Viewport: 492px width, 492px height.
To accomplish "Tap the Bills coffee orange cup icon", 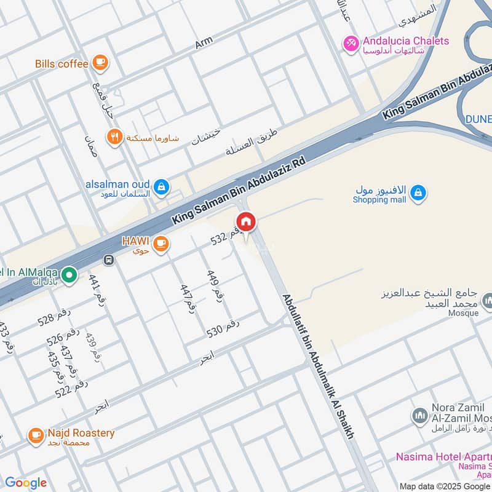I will coord(100,63).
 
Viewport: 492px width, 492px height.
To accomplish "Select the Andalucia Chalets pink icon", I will coord(351,44).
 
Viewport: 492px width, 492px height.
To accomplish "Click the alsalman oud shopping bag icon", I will coord(161,186).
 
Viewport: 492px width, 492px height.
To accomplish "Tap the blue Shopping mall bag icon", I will coord(418,193).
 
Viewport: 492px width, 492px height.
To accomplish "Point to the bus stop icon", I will coord(109,260).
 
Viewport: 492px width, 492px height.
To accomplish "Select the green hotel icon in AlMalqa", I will coord(69,275).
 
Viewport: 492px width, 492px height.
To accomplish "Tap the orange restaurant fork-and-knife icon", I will coord(114,137).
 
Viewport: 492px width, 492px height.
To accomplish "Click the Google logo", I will coord(26,483).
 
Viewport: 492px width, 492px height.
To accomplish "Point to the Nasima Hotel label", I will coord(443,457).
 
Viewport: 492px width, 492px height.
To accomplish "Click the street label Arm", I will coord(204,43).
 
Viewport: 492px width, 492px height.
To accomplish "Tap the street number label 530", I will coord(223,328).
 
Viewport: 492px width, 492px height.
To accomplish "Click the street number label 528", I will coord(54,317).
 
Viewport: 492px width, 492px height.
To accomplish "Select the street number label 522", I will coord(71,389).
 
